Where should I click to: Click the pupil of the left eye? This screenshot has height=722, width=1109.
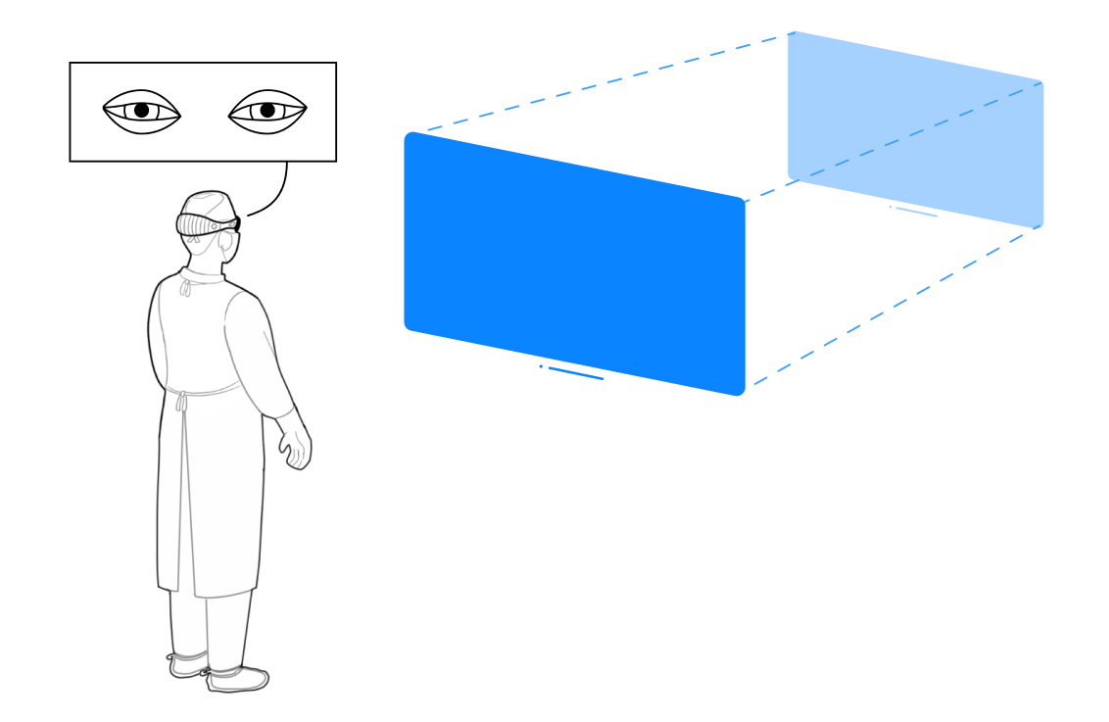(x=142, y=111)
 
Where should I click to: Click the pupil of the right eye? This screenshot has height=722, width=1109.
(x=266, y=111)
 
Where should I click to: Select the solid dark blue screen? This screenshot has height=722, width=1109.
(x=575, y=263)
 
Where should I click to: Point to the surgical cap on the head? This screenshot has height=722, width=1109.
(x=211, y=205)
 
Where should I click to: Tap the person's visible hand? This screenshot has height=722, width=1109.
(x=295, y=448)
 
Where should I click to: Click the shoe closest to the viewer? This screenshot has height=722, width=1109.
(x=238, y=678)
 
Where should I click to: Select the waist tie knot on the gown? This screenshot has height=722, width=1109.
(x=180, y=400)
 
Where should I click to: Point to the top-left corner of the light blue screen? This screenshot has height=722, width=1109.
(x=793, y=35)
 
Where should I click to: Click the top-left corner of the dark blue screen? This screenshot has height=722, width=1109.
(x=410, y=136)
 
